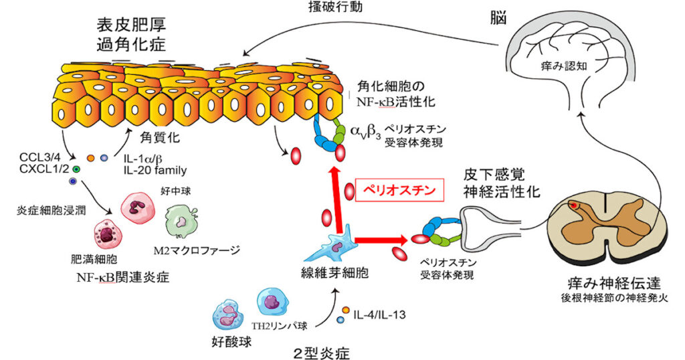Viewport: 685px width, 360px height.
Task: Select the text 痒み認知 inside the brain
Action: [x=566, y=66]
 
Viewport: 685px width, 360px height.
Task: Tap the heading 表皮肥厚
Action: [x=130, y=26]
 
